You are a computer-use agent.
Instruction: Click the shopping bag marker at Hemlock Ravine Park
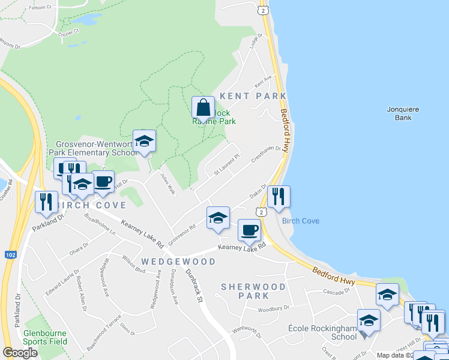tap(203, 109)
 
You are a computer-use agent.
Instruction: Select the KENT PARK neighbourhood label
tap(253, 96)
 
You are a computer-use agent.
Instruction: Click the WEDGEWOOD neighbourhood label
tap(178, 262)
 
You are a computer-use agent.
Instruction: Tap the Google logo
tap(20, 353)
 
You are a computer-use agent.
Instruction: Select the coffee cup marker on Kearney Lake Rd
tap(249, 230)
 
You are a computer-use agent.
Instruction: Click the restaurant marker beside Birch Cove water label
tap(279, 198)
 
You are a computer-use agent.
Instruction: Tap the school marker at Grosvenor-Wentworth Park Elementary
tap(144, 142)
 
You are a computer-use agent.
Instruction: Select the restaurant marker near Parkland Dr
tap(46, 203)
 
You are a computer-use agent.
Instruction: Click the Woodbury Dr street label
tap(273, 310)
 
